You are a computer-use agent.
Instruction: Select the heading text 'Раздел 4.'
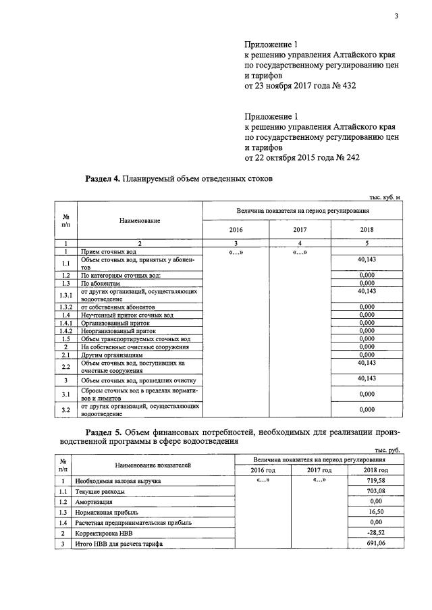click(x=101, y=179)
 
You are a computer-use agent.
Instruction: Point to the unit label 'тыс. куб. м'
click(x=385, y=197)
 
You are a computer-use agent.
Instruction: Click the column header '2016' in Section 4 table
click(x=236, y=230)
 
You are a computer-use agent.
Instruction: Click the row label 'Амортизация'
click(x=94, y=502)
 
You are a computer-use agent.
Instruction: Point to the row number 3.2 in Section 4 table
click(x=65, y=409)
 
